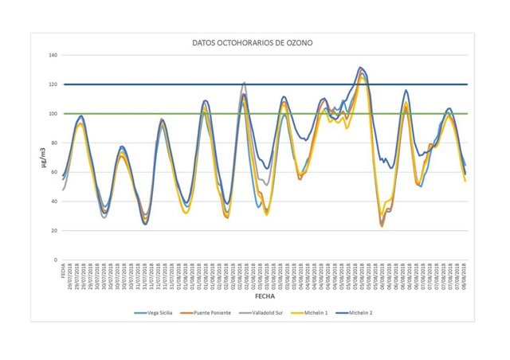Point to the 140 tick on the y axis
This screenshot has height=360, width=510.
[x=53, y=56]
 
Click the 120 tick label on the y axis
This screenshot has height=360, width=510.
[x=53, y=84]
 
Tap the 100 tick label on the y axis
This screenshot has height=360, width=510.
[x=53, y=114]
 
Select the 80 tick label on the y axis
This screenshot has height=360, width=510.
[x=53, y=143]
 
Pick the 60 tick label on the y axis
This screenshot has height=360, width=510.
[x=53, y=172]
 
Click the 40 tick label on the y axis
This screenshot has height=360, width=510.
[x=53, y=202]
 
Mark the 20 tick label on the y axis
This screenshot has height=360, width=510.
[x=53, y=231]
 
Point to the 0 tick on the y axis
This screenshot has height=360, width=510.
[x=55, y=260]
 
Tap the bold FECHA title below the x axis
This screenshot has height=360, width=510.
[x=264, y=295]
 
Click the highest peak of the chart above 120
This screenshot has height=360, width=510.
[x=361, y=68]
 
